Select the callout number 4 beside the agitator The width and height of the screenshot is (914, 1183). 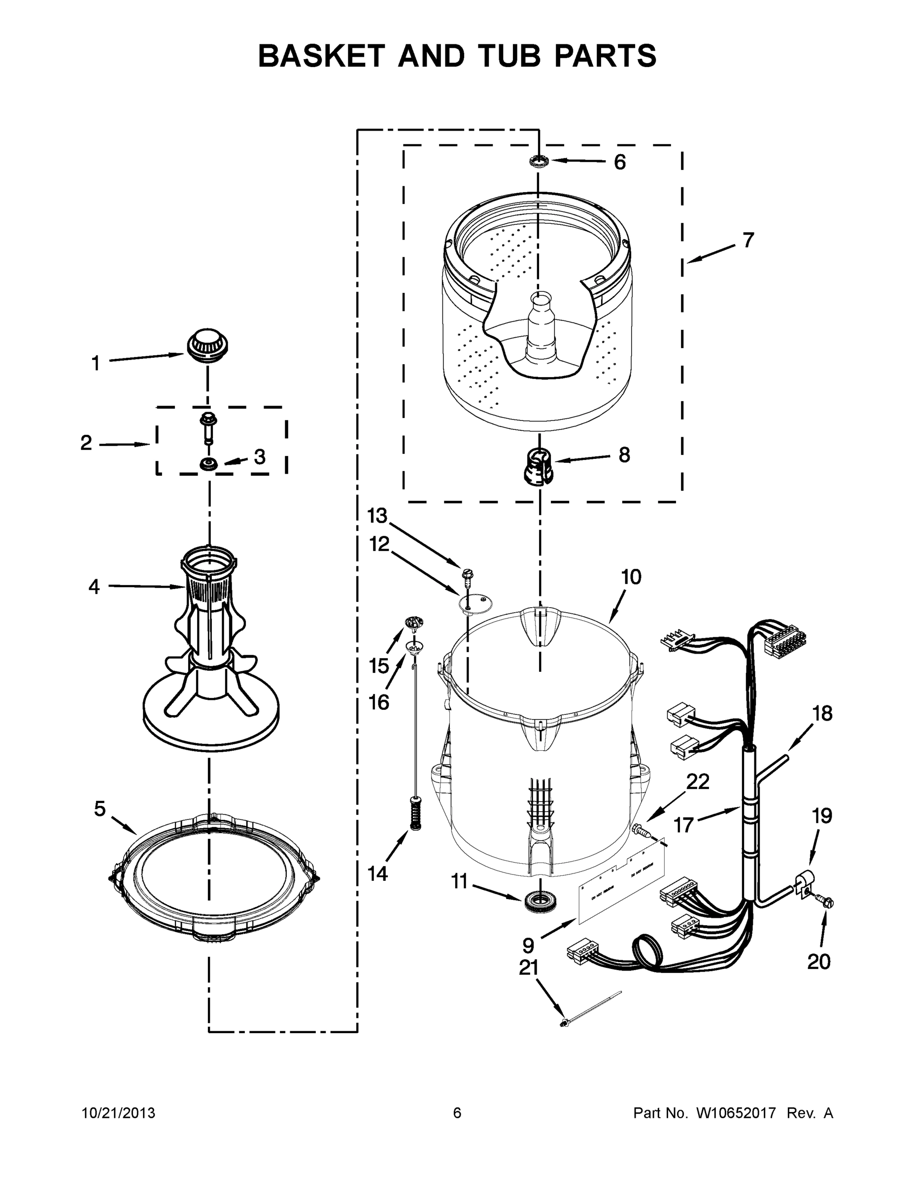94,587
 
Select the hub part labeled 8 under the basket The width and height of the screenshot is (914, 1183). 537,465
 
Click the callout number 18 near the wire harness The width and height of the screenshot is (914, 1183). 822,713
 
